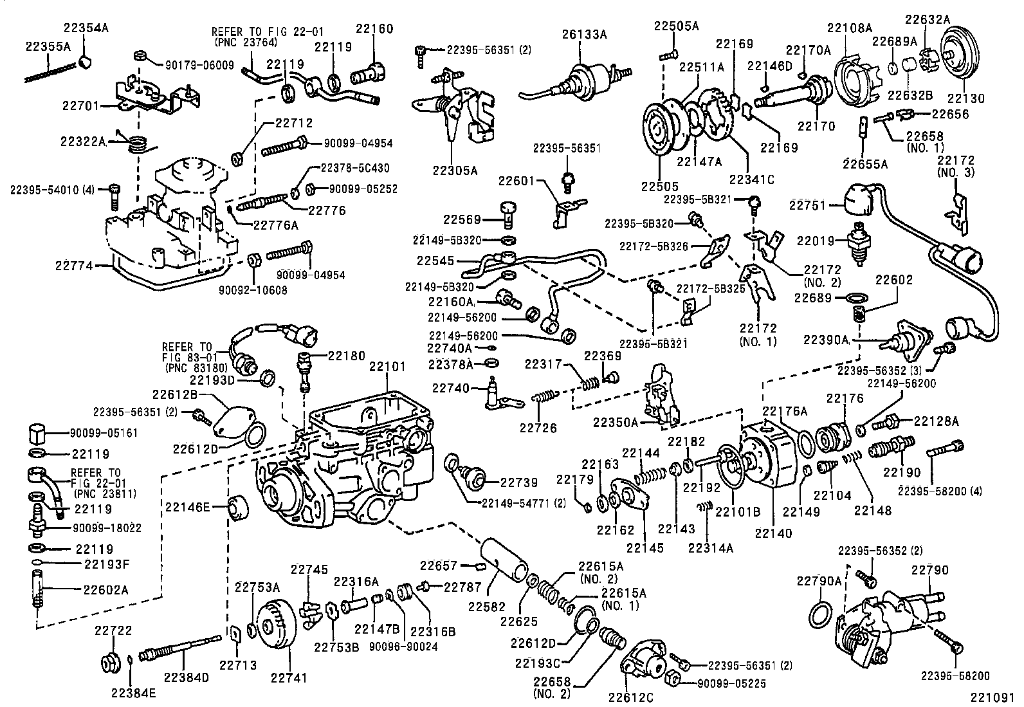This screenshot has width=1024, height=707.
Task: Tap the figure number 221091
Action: [x=996, y=696]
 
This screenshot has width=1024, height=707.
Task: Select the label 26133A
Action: [x=584, y=34]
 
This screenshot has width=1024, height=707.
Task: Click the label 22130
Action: [x=966, y=98]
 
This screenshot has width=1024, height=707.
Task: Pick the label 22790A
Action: [x=819, y=581]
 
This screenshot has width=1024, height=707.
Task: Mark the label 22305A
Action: [x=455, y=170]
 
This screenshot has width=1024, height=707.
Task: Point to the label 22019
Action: [x=815, y=241]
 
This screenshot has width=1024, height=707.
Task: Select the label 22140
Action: [x=774, y=533]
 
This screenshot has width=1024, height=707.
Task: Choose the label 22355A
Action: [x=48, y=46]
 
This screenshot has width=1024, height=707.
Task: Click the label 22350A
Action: [x=616, y=422]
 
